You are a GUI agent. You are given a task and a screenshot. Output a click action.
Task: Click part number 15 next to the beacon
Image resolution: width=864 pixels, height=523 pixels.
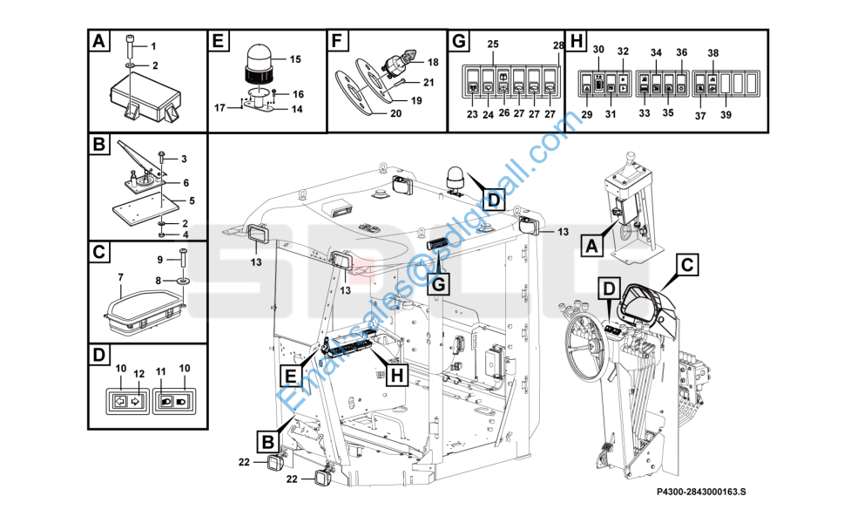click(294, 59)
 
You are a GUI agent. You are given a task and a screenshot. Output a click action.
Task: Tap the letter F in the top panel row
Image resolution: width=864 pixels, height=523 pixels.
click(339, 42)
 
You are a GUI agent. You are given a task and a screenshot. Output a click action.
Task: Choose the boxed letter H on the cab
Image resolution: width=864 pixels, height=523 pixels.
click(396, 375)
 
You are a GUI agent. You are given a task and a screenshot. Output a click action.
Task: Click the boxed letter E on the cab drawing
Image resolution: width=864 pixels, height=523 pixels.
click(289, 377)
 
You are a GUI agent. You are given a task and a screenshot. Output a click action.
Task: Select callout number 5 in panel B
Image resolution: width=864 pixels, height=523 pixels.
click(192, 201)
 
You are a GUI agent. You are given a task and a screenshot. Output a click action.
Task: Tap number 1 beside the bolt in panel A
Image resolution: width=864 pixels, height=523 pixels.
click(153, 45)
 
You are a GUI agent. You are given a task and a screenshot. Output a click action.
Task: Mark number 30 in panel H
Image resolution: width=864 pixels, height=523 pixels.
click(598, 51)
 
